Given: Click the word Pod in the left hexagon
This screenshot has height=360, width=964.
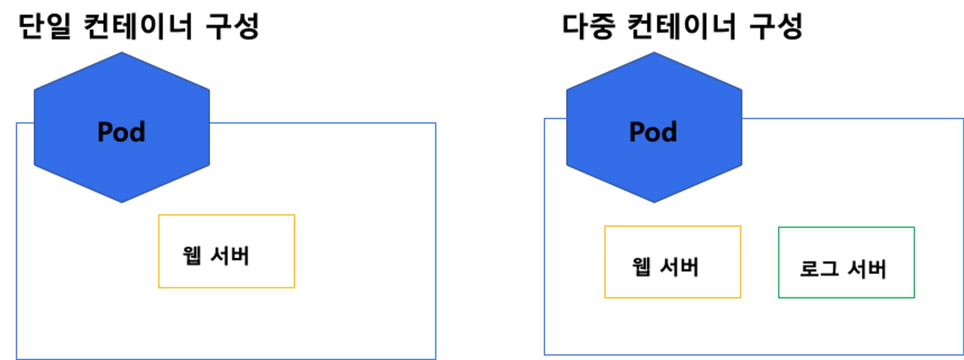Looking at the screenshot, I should (121, 132).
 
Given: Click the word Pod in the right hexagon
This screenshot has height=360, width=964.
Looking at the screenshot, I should (654, 132).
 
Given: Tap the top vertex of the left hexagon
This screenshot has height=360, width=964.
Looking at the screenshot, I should (121, 52).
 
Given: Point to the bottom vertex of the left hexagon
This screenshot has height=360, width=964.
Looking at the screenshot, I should (121, 202).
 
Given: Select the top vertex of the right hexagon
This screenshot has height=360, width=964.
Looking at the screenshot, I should (654, 52).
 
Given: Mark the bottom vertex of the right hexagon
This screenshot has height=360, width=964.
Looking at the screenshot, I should (654, 202).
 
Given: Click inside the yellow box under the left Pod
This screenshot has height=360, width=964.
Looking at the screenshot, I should (227, 251).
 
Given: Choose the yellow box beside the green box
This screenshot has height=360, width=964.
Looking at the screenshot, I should (672, 262).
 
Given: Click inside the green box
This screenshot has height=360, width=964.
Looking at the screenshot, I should (846, 263).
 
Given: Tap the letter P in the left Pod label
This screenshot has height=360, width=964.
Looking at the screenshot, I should (106, 132).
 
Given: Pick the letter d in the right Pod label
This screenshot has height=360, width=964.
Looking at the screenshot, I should (669, 132).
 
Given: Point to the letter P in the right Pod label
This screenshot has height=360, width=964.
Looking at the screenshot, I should (638, 132).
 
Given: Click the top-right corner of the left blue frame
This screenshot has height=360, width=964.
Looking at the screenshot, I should (435, 123).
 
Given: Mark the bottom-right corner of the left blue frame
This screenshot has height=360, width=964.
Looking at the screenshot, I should (435, 358).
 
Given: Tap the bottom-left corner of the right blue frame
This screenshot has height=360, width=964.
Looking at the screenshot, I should (545, 355).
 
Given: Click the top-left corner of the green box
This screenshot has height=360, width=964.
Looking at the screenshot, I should (778, 227).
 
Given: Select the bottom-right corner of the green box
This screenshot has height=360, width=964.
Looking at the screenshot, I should (914, 298).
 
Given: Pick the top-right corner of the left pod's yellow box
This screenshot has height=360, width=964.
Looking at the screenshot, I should (295, 215).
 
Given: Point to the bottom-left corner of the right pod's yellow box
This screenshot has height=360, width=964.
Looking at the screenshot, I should (605, 297).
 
